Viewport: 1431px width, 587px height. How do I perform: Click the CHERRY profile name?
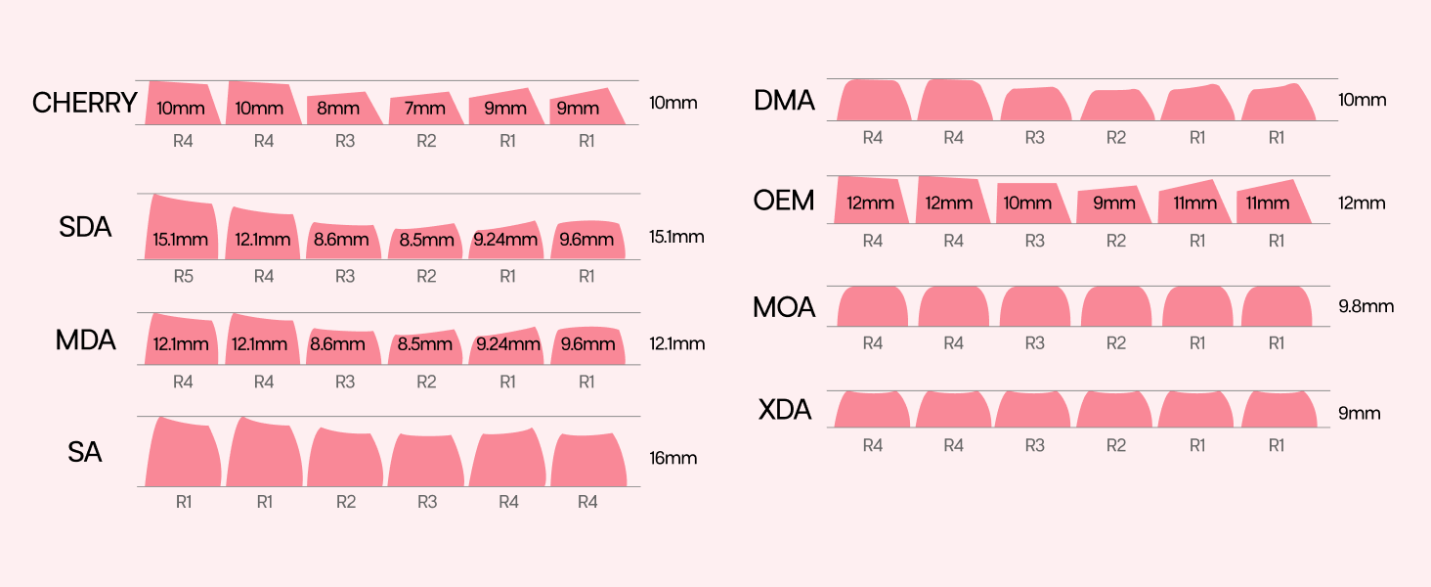85,103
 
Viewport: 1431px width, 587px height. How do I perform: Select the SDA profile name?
85,227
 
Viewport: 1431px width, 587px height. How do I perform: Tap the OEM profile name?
784,201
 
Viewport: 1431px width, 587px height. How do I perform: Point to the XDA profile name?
785,410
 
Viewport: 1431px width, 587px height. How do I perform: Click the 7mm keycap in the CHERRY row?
426,108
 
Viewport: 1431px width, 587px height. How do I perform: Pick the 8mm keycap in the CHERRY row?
344,108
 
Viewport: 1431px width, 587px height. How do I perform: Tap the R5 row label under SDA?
184,276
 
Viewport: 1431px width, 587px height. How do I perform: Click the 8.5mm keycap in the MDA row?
425,346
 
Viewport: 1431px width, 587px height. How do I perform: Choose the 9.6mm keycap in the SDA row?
587,240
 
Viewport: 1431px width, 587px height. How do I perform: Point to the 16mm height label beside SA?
672,458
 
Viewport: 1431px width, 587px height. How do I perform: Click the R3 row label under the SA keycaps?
427,502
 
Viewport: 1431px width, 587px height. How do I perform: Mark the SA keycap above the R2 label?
345,457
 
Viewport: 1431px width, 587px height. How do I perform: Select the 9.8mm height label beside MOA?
1366,306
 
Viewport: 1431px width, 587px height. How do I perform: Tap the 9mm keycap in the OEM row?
1113,204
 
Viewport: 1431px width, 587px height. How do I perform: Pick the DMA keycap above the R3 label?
1035,105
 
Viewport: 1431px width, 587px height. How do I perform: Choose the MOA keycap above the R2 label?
1116,306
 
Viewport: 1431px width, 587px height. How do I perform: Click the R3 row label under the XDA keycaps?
1035,445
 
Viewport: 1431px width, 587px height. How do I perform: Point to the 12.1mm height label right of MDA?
677,343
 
